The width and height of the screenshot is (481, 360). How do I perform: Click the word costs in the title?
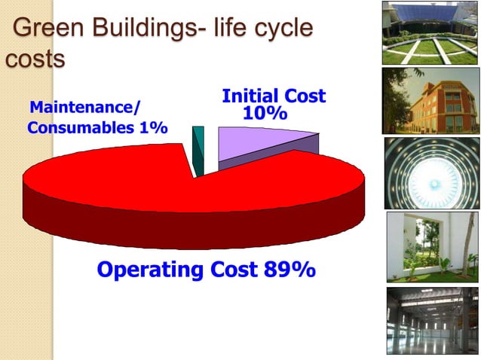coord(33,59)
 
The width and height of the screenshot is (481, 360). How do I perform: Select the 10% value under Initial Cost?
coord(265,114)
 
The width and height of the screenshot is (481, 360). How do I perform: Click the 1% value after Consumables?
coord(152,127)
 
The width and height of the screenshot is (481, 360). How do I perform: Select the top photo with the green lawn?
coord(430,32)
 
